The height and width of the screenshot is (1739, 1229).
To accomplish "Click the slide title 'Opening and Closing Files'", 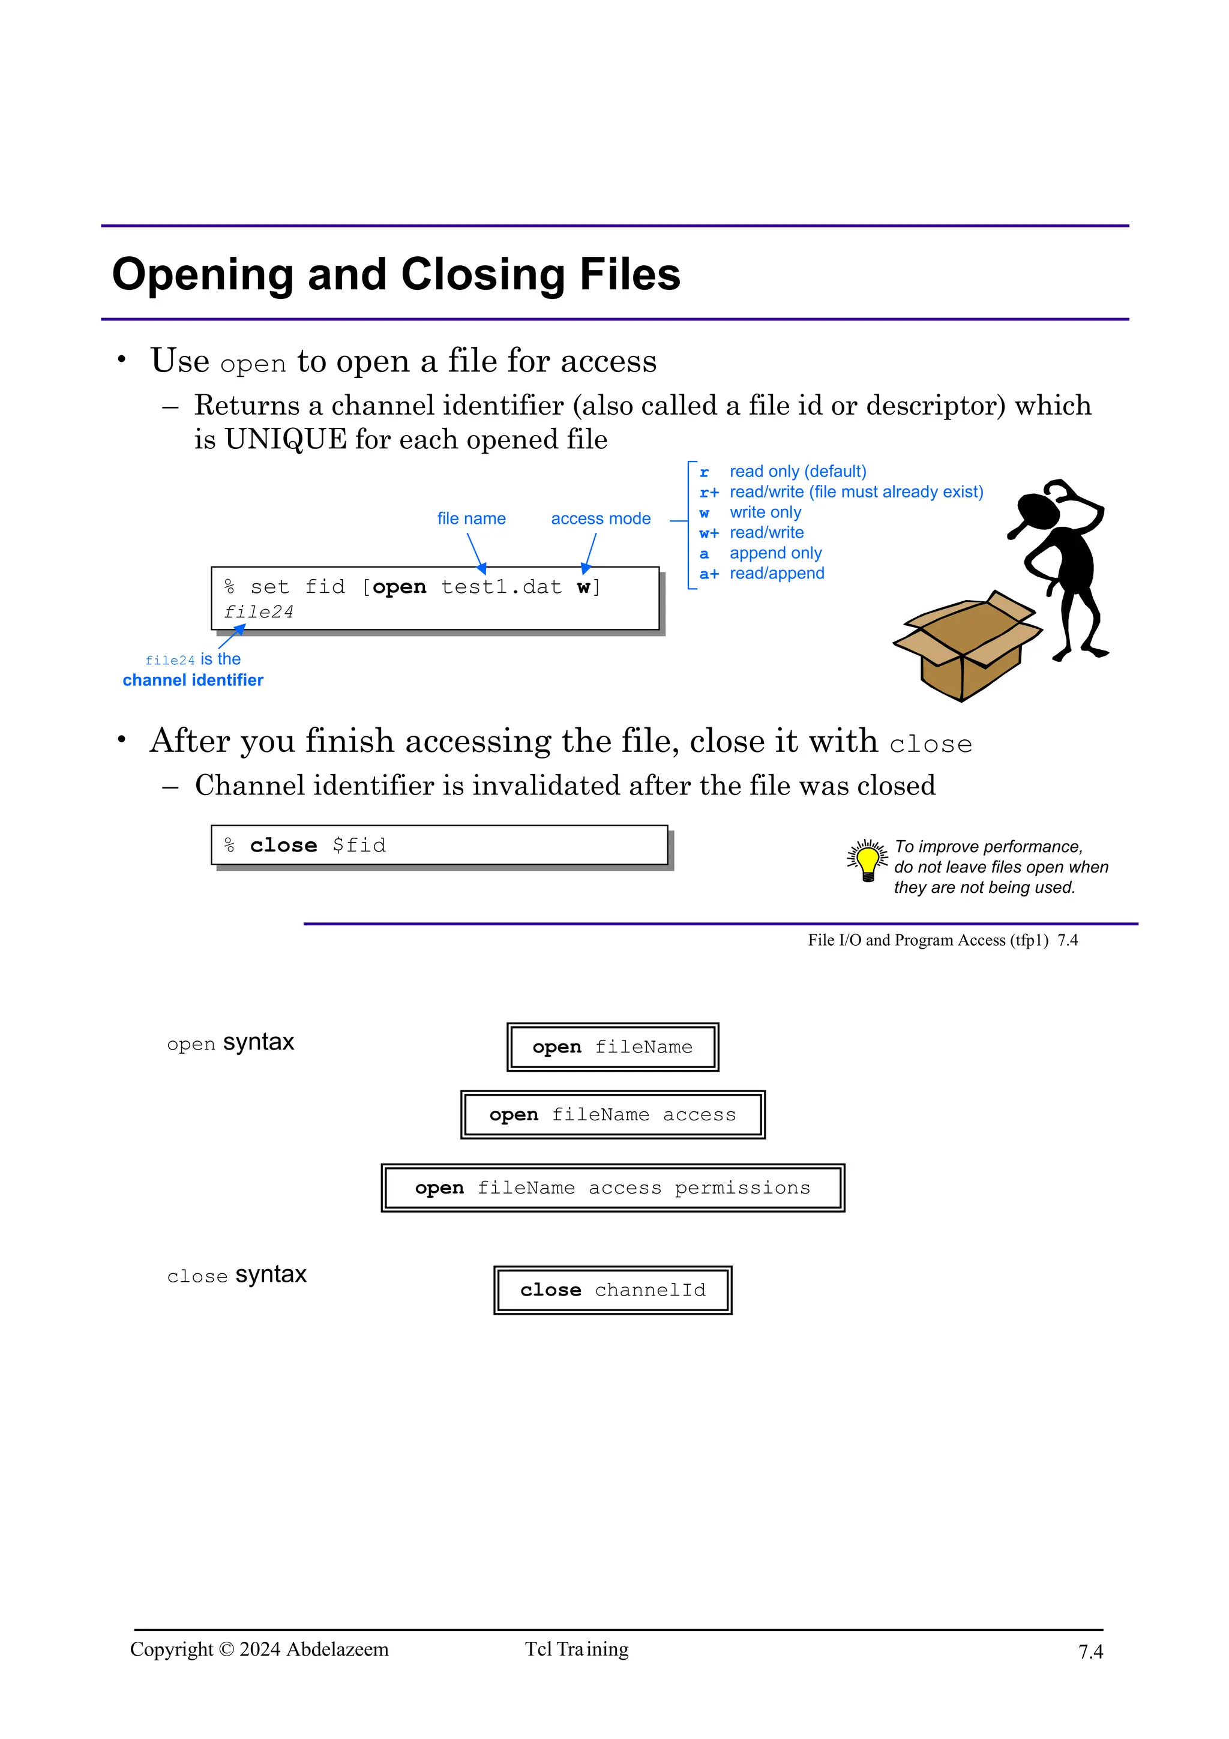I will (396, 274).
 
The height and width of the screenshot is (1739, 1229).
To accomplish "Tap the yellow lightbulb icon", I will (868, 860).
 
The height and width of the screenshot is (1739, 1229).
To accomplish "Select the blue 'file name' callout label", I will (471, 519).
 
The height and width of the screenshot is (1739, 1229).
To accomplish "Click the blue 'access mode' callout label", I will (601, 519).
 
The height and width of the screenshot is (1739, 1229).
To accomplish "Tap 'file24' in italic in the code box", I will (258, 612).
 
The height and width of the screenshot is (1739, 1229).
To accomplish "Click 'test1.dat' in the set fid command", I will (501, 587).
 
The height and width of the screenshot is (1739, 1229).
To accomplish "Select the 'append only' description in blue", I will (775, 554).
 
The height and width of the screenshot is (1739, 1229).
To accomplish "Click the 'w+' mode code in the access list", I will (709, 533).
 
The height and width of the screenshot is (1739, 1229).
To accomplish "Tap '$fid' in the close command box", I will (359, 845).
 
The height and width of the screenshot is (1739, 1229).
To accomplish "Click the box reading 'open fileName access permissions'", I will (613, 1188).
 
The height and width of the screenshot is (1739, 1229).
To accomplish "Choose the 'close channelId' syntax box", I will (613, 1290).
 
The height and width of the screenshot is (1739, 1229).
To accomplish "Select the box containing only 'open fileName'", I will (613, 1047).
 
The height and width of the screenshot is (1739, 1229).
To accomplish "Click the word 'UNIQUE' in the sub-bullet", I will (286, 439).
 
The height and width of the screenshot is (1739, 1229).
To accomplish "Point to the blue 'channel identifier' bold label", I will (193, 680).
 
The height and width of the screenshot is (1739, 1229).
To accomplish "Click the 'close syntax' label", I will (236, 1275).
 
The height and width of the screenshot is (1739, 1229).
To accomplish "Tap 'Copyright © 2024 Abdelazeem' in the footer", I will (259, 1649).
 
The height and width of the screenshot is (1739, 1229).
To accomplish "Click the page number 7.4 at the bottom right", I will (1090, 1651).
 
